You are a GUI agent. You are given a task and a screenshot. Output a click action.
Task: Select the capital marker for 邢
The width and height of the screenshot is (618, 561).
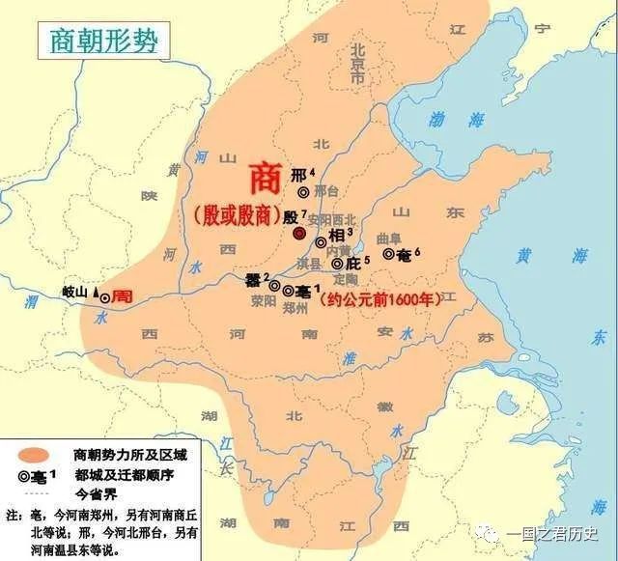point(303,192)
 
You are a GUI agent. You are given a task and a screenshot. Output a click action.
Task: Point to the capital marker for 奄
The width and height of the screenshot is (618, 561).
point(389,254)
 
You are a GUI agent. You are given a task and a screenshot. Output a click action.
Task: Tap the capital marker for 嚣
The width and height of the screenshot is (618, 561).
point(274,286)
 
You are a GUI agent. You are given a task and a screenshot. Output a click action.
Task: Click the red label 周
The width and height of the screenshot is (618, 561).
point(122,296)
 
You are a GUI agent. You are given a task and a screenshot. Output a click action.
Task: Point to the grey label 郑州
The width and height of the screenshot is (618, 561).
point(295,308)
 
